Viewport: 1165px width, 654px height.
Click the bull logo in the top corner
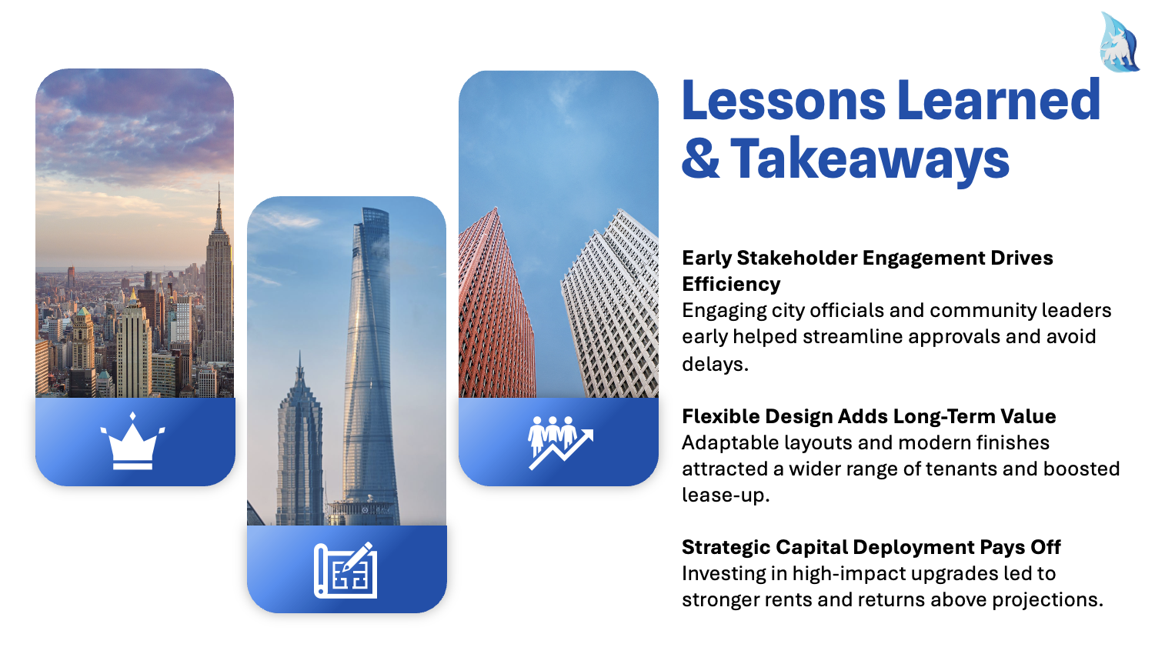(1120, 42)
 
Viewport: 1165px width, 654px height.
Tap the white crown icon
(132, 442)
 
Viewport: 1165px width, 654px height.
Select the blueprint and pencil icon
(345, 570)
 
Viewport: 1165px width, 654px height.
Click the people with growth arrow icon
(561, 442)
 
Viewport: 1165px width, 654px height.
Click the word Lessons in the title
(783, 100)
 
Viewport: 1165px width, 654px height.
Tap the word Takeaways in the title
(870, 159)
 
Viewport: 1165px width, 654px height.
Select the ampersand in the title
(700, 158)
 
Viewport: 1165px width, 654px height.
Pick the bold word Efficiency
(731, 285)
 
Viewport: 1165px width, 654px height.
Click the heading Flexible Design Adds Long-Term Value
(869, 416)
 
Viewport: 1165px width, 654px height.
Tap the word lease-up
(726, 496)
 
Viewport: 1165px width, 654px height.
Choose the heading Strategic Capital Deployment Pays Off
(871, 547)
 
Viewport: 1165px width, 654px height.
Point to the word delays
(715, 364)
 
